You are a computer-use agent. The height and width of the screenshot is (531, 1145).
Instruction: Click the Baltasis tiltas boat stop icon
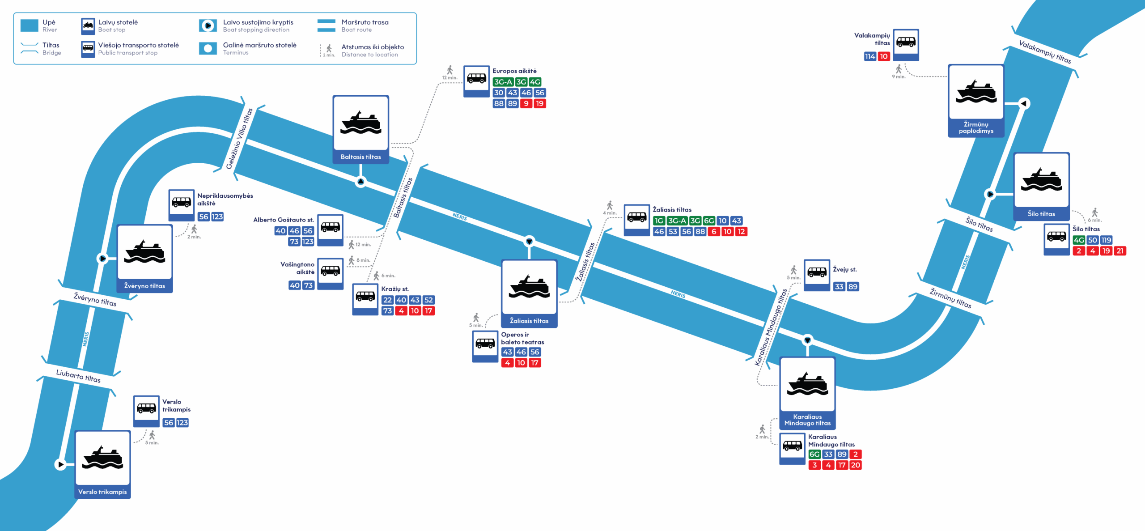360,123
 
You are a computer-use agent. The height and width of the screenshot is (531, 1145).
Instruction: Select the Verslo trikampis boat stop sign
102,458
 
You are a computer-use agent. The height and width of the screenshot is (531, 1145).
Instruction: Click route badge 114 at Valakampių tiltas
869,56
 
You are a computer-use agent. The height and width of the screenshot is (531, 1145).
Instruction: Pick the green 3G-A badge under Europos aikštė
503,82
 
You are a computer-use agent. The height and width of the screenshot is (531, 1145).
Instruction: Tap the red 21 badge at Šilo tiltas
1120,251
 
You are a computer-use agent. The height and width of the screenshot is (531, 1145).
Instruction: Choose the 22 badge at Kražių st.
387,300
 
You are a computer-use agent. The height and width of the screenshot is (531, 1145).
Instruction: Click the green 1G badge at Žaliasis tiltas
659,221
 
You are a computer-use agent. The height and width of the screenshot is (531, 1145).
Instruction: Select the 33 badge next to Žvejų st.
839,287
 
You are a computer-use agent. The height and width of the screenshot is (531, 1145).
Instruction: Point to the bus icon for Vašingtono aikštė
330,271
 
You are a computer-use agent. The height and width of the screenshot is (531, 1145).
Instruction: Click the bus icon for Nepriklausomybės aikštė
181,202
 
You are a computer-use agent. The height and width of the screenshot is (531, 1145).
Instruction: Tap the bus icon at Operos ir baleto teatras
485,344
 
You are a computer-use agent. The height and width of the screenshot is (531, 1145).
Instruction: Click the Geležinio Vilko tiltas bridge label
240,138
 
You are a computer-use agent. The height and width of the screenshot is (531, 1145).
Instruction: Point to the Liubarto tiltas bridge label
78,376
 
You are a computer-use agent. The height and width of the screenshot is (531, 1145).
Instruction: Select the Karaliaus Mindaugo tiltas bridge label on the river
770,327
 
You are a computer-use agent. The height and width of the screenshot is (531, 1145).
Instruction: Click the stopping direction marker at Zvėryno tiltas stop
102,258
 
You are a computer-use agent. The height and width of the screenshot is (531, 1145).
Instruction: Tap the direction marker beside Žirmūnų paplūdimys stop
1023,103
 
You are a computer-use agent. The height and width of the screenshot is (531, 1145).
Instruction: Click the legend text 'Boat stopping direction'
256,30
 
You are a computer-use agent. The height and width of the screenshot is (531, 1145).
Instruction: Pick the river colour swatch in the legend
30,25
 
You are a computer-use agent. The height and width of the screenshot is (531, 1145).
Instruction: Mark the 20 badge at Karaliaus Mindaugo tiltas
855,465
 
